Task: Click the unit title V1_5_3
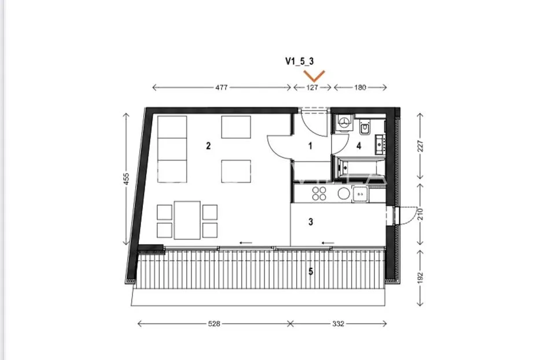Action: [300, 61]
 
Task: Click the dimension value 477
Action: [222, 87]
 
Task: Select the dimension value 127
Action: [312, 87]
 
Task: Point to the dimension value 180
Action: [360, 87]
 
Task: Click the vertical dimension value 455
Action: [126, 179]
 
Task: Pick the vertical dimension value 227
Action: [420, 146]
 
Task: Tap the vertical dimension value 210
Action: [420, 214]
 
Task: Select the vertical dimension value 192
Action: [420, 278]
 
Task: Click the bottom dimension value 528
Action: [214, 324]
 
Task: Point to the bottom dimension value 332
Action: [338, 324]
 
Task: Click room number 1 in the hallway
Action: [310, 146]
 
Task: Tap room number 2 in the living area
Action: [208, 146]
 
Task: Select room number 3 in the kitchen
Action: [311, 222]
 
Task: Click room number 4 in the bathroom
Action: [359, 146]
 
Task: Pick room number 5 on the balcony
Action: [311, 271]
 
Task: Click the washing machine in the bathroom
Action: [344, 123]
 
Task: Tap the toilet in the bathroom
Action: [365, 127]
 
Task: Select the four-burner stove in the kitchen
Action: [319, 194]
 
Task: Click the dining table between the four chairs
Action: [187, 220]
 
